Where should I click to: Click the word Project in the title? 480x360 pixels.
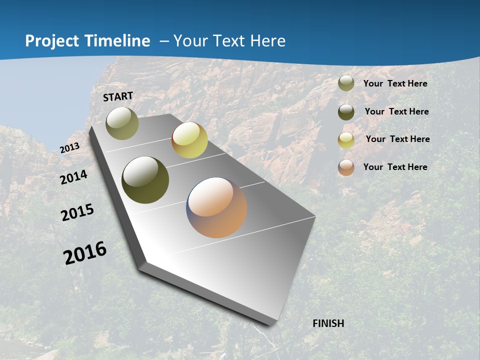tap(51, 41)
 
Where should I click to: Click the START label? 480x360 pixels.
tap(118, 96)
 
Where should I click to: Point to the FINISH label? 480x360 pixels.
tap(328, 323)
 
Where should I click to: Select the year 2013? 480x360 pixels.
tap(69, 148)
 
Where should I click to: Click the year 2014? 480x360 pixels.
tap(74, 177)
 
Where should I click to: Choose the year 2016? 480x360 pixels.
tap(85, 252)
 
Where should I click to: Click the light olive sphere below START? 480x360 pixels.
tap(122, 123)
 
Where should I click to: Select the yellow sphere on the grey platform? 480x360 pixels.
tap(189, 140)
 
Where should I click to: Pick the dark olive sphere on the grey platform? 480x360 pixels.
tap(145, 180)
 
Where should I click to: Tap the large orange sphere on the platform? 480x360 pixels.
tap(216, 207)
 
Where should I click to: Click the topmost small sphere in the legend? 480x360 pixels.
tap(346, 83)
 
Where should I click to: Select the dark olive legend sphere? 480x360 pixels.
tap(346, 112)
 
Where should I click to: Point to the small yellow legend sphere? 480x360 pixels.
tap(346, 140)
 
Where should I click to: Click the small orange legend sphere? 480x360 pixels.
tap(346, 167)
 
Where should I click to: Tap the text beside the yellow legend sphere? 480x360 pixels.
tap(397, 139)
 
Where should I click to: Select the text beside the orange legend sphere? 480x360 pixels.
tap(395, 167)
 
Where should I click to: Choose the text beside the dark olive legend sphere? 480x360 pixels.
tap(396, 111)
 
